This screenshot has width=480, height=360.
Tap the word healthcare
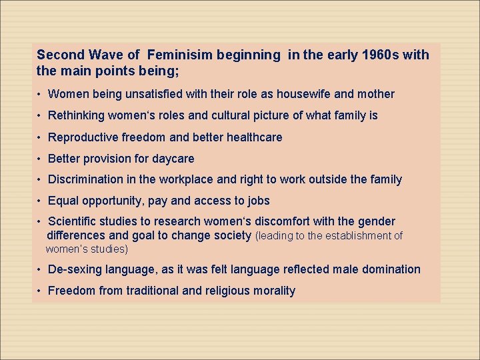pyautogui.click(x=254, y=137)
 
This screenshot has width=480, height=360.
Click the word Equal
pyautogui.click(x=63, y=201)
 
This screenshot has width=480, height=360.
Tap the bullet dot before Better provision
pyautogui.click(x=41, y=159)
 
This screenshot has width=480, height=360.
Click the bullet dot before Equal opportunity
pyautogui.click(x=41, y=201)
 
